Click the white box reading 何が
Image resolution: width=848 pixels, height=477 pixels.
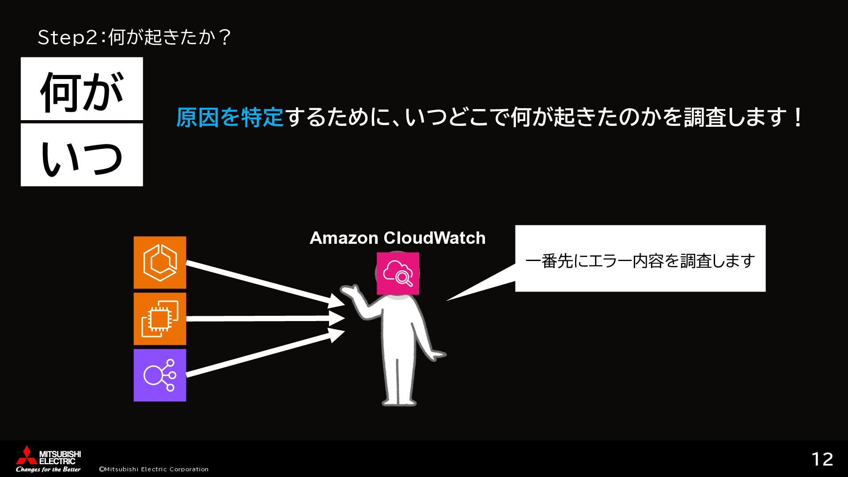(x=82, y=88)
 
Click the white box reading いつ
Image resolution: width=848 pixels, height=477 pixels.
(x=82, y=155)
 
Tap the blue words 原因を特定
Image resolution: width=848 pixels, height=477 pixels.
(x=229, y=118)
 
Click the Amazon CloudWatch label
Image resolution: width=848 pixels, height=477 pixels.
(x=397, y=238)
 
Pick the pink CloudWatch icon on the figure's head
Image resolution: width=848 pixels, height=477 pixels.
(x=397, y=273)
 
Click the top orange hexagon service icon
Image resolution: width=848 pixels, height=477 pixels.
(x=160, y=262)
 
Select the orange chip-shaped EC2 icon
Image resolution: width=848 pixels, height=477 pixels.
(x=160, y=319)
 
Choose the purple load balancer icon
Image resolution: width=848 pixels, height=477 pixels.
(x=160, y=375)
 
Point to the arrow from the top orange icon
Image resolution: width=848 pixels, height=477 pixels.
(x=265, y=284)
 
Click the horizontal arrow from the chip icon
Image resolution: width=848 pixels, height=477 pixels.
(x=265, y=318)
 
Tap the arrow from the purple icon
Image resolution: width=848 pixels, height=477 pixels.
(x=265, y=353)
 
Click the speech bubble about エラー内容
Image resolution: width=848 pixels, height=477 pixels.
(x=640, y=259)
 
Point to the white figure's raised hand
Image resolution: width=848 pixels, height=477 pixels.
(x=349, y=291)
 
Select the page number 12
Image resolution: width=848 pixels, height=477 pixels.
(x=822, y=459)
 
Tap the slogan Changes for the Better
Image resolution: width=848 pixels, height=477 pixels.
(x=48, y=469)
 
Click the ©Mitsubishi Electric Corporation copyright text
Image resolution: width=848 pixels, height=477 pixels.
(x=154, y=469)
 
